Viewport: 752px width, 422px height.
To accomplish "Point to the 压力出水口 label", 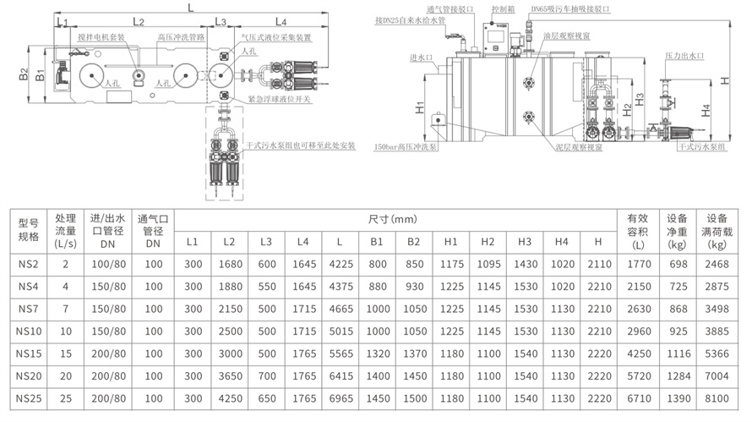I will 684,56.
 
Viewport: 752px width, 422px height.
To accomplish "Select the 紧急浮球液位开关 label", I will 280,99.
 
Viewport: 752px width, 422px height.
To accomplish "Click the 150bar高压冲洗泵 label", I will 406,146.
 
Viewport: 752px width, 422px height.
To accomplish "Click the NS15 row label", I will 30,351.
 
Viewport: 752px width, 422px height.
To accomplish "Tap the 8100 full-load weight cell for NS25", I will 717,396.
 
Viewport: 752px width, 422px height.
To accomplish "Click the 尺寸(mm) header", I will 394,219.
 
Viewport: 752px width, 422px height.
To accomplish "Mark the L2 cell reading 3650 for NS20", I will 228,374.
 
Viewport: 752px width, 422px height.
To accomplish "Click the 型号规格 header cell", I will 30,231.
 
